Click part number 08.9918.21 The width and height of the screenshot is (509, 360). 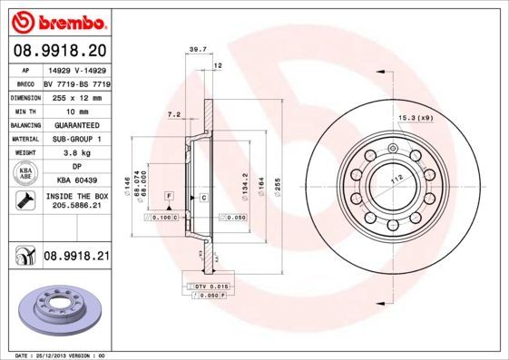tap(76, 257)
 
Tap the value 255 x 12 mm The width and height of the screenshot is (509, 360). tap(74, 95)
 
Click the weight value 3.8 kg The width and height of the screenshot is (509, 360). tap(74, 153)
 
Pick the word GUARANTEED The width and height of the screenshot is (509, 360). tap(74, 124)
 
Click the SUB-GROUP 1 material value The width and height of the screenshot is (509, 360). tap(74, 139)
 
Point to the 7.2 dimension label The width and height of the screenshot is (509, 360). tap(174, 115)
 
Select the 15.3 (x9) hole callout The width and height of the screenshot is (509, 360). tap(415, 116)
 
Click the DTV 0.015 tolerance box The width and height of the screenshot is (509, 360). tap(213, 287)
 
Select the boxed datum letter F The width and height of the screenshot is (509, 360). tap(169, 196)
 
